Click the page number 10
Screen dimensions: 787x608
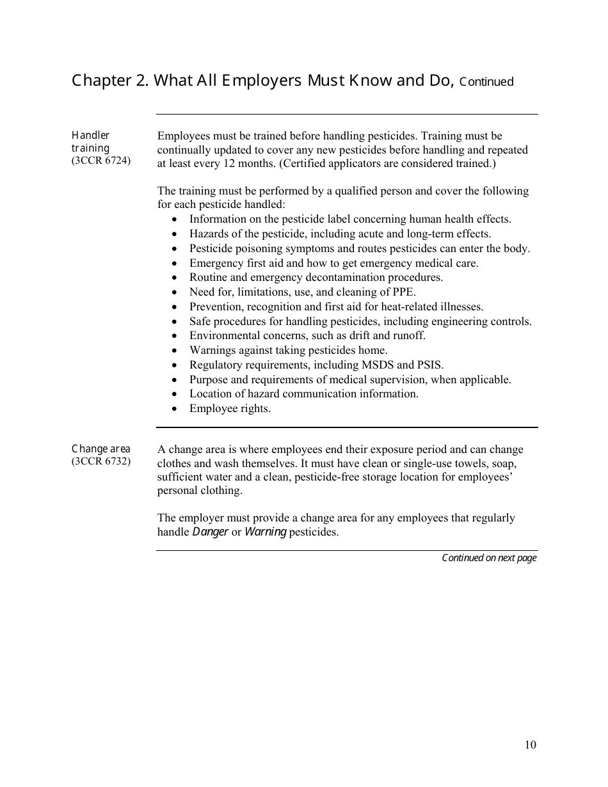(x=531, y=744)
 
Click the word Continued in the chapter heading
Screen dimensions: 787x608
(x=486, y=82)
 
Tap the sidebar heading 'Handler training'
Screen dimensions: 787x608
(x=90, y=141)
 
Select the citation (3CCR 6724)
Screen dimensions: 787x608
(x=100, y=161)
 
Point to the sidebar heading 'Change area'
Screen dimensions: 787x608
(x=100, y=449)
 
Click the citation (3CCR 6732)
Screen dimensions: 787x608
(x=100, y=461)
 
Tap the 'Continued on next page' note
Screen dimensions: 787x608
(x=489, y=558)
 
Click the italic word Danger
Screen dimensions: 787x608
(x=211, y=532)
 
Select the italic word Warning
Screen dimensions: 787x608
(x=265, y=532)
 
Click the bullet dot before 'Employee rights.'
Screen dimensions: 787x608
(x=175, y=409)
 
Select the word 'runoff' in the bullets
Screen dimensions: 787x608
(x=407, y=335)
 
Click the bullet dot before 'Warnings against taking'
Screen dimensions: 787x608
(x=175, y=351)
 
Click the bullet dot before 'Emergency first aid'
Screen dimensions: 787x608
(x=175, y=263)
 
